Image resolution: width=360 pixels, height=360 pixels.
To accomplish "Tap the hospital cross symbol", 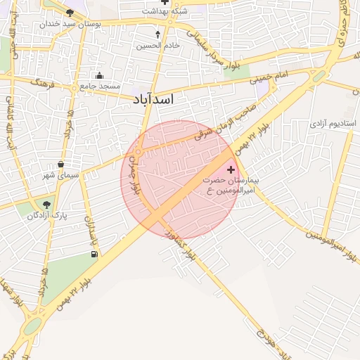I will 232,170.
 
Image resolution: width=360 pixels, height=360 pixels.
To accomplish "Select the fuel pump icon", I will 94,254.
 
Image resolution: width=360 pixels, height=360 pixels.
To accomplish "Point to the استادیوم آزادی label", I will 333,124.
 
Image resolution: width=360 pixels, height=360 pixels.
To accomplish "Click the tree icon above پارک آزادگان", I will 47,205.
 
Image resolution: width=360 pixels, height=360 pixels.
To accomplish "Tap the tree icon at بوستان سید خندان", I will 70,13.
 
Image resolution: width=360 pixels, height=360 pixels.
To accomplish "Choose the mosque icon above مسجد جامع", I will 99,76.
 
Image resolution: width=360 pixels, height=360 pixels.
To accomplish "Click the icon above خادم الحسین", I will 157,33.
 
